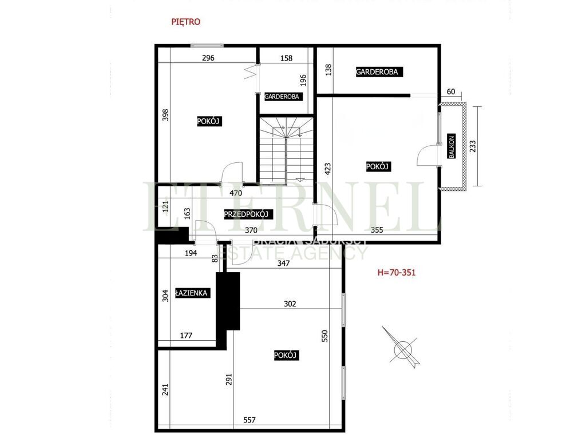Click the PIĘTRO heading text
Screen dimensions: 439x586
(x=186, y=22)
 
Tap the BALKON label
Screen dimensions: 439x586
(x=452, y=147)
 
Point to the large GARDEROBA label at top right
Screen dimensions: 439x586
(x=379, y=72)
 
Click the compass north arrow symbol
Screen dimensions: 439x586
(x=404, y=347)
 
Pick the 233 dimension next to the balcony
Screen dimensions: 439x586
(x=473, y=146)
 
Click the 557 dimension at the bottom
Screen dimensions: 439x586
(x=250, y=419)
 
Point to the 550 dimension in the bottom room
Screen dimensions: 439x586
(x=326, y=335)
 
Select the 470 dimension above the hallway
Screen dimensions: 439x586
(x=236, y=193)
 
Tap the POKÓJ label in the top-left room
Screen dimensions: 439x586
(x=209, y=121)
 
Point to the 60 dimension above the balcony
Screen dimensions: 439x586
(x=451, y=92)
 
